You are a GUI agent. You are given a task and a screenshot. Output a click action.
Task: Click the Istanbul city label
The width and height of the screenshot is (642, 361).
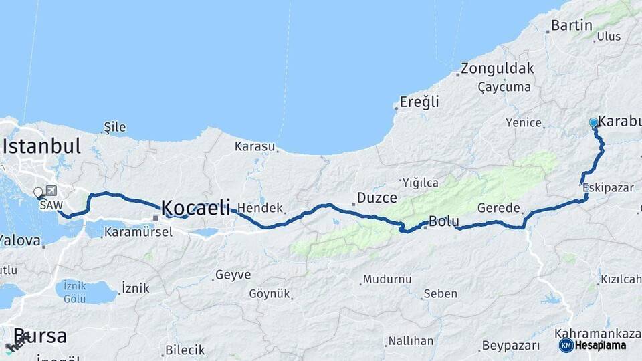[x=41, y=146]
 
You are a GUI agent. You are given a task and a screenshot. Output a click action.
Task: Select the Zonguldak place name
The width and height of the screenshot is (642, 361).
[x=497, y=68]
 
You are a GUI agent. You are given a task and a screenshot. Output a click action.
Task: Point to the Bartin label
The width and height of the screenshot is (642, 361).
[x=572, y=26]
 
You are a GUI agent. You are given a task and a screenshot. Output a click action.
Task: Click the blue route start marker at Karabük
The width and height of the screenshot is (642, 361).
[x=593, y=122]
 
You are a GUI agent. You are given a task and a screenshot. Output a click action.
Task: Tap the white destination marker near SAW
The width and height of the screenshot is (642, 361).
[x=38, y=193]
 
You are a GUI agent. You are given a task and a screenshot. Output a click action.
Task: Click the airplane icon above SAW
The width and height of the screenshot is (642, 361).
[x=51, y=191]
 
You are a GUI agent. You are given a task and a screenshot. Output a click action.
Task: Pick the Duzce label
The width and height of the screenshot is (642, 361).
[x=377, y=198]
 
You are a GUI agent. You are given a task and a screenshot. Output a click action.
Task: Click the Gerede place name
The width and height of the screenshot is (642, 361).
[x=498, y=208]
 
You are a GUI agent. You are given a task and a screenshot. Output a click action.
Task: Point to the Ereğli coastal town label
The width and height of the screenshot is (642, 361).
[x=419, y=102]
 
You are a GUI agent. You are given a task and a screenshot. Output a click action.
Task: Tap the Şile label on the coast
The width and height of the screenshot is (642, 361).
[x=115, y=127]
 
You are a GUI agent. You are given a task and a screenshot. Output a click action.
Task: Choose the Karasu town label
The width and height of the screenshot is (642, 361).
[x=255, y=146]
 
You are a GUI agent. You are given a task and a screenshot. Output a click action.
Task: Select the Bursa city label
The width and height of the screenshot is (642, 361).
[x=40, y=336]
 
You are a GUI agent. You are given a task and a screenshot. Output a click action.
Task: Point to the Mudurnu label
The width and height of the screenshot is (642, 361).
[x=386, y=280]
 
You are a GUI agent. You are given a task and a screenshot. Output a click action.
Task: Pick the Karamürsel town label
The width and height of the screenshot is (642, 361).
[x=138, y=233]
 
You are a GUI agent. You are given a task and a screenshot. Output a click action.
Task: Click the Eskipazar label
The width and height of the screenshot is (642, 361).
[x=608, y=187]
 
